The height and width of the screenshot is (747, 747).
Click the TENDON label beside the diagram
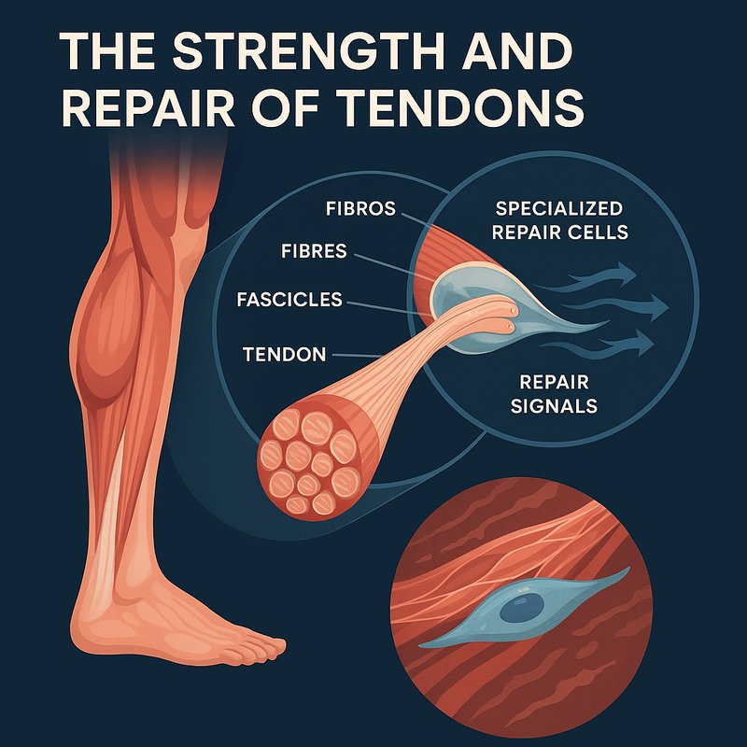pyautogui.click(x=284, y=355)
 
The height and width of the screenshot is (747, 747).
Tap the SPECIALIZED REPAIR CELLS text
pyautogui.click(x=560, y=220)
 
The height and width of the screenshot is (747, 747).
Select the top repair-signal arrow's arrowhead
pyautogui.click(x=627, y=274)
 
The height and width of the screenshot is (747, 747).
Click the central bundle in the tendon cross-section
pyautogui.click(x=302, y=458)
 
